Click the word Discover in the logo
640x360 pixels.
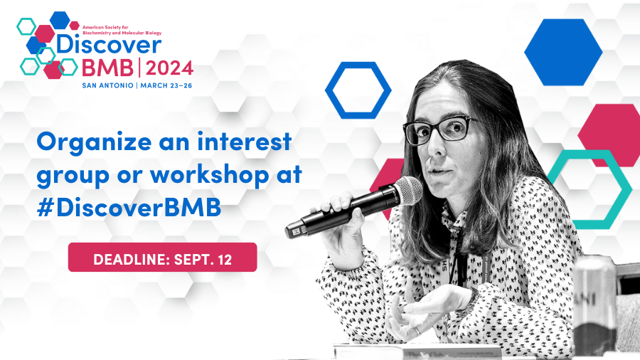click(109, 45)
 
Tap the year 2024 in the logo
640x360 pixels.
click(169, 68)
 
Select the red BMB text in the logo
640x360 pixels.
click(107, 68)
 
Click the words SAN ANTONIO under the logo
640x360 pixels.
click(108, 85)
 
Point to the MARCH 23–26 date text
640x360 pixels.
click(166, 85)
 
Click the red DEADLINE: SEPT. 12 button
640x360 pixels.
click(162, 257)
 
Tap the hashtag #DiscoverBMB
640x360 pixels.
click(129, 207)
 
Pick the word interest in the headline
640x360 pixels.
click(245, 141)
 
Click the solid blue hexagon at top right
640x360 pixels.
click(563, 52)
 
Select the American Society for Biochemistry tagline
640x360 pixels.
click(122, 30)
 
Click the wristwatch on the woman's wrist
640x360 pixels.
click(472, 301)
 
